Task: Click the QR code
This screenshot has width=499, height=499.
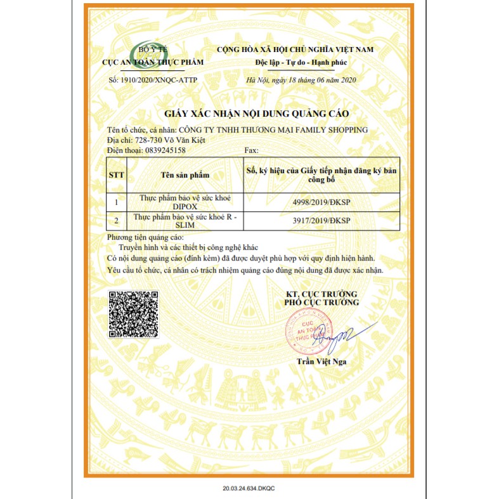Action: [x=133, y=314]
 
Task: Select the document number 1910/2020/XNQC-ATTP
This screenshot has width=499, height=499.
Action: [x=161, y=80]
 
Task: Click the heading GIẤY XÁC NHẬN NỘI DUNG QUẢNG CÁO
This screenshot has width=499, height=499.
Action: [x=257, y=113]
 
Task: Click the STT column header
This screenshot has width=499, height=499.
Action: [x=117, y=174]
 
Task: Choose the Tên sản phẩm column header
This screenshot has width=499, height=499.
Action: [x=185, y=174]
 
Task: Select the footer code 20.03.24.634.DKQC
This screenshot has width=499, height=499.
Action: [x=250, y=489]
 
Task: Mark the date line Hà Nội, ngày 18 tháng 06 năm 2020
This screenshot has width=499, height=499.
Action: [x=302, y=80]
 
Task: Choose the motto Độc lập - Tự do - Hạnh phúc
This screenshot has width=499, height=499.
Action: [x=301, y=63]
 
